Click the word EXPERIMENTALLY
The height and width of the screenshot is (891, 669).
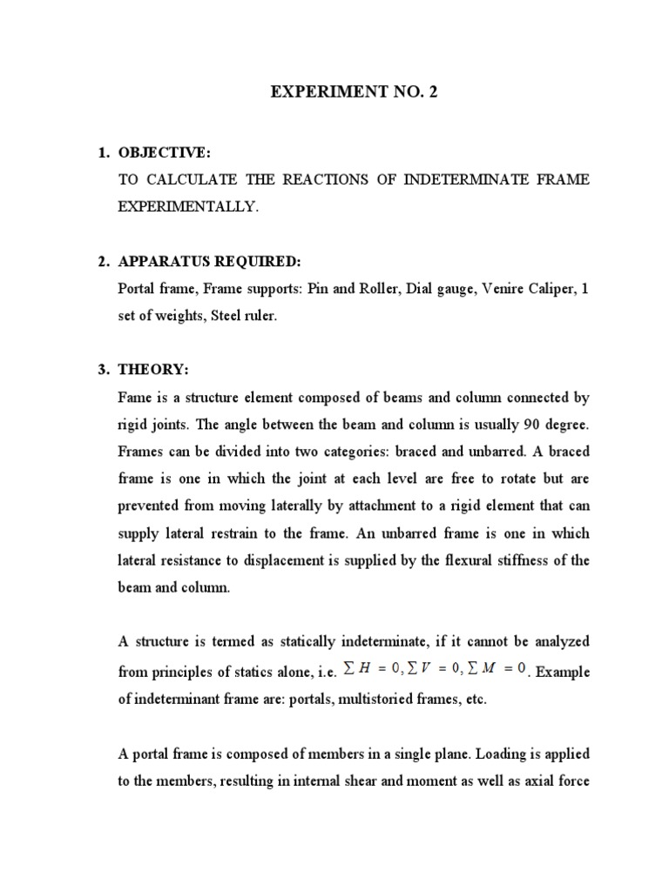188,207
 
